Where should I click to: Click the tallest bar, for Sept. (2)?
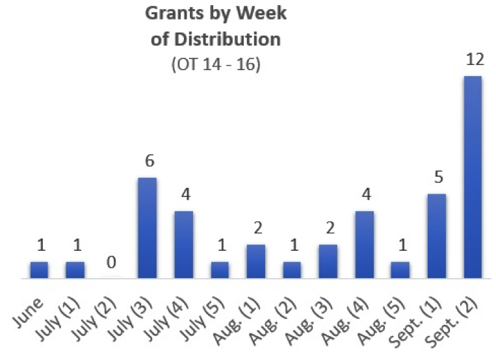click(473, 177)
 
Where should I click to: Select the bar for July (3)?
click(148, 228)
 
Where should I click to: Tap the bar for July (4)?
click(183, 245)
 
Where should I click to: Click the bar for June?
click(39, 270)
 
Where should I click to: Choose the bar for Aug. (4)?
click(364, 245)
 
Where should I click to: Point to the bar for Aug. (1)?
click(255, 262)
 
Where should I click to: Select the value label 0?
click(112, 263)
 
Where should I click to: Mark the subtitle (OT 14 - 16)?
click(215, 65)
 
